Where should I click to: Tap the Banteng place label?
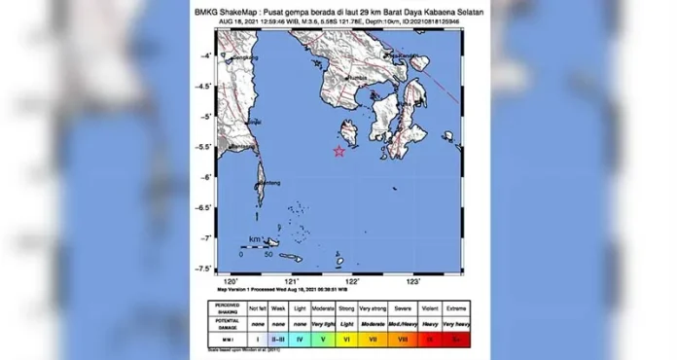pyautogui.click(x=269, y=182)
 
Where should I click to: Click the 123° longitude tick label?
pyautogui.click(x=412, y=280)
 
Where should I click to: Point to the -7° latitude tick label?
pyautogui.click(x=206, y=238)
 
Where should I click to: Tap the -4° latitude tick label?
pyautogui.click(x=206, y=56)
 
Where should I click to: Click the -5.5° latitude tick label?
pyautogui.click(x=204, y=147)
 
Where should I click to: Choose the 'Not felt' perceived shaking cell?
pyautogui.click(x=256, y=306)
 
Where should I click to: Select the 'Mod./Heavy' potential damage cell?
pyautogui.click(x=403, y=322)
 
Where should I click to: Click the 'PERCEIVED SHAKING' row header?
pyautogui.click(x=229, y=306)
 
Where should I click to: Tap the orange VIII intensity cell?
pyautogui.click(x=403, y=338)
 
